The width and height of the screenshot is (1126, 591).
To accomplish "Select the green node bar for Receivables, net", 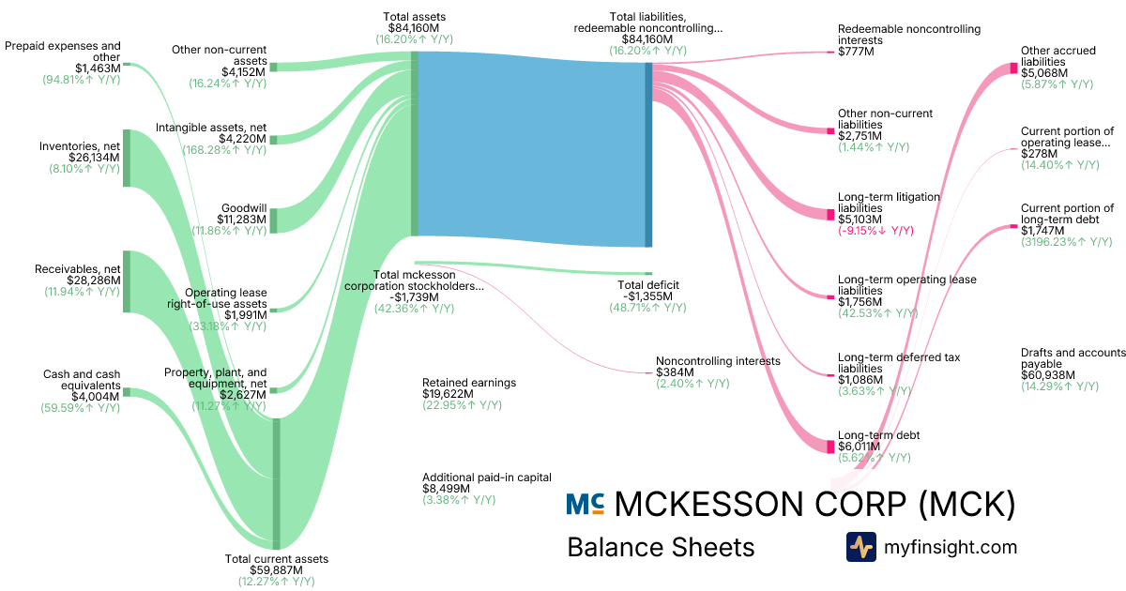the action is (x=127, y=280).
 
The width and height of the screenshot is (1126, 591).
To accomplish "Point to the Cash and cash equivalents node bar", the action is (x=127, y=391).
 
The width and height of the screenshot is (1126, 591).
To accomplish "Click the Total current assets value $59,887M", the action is (x=276, y=569).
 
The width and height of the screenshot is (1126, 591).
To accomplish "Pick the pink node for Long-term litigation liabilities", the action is (x=829, y=214).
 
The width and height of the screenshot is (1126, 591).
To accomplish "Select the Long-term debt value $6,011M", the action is (x=860, y=447).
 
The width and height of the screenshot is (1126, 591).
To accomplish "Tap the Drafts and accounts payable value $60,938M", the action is (x=1048, y=375).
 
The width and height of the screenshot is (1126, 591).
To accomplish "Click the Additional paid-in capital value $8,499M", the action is (x=448, y=488).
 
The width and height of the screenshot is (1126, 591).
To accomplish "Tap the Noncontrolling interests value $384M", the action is (x=675, y=372).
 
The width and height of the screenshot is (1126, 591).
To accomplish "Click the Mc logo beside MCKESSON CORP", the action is (x=585, y=505).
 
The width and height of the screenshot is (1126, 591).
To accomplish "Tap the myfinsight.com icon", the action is (x=860, y=547).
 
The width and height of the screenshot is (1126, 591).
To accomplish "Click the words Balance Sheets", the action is (x=661, y=547).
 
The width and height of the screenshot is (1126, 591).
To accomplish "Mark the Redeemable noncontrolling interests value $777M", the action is (x=856, y=53).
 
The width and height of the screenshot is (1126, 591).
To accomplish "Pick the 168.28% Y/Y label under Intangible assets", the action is (x=229, y=151).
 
